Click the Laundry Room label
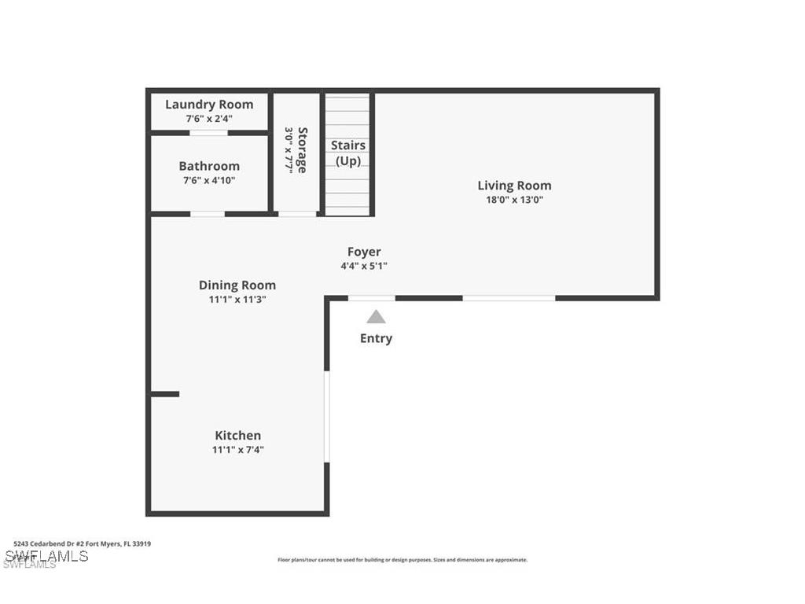[x=209, y=104]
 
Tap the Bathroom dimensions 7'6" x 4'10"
[x=209, y=180]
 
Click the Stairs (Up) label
[x=348, y=153]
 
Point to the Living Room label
[x=514, y=186]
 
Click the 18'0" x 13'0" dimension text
[x=514, y=200]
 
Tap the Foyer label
[x=364, y=252]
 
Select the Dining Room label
[x=237, y=285]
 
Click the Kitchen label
[x=237, y=435]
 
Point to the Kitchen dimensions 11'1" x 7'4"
[x=237, y=450]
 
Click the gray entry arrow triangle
[x=377, y=317]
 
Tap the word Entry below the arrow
[x=376, y=338]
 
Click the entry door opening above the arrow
[x=372, y=298]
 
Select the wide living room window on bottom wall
[x=509, y=298]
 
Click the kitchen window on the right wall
[x=327, y=417]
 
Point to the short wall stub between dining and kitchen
[x=165, y=394]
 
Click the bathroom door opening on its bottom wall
[x=208, y=213]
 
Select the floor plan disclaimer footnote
[x=402, y=560]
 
